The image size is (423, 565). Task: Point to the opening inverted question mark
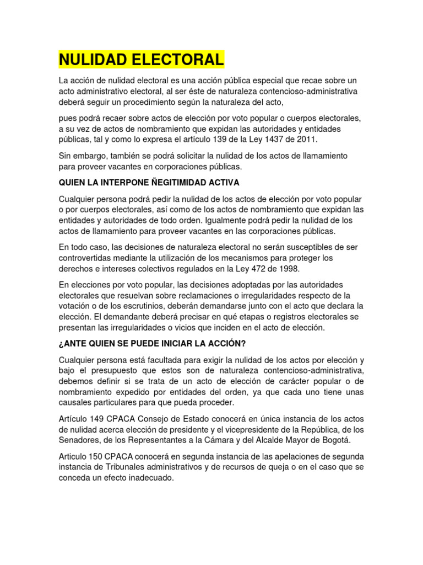click(x=61, y=343)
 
